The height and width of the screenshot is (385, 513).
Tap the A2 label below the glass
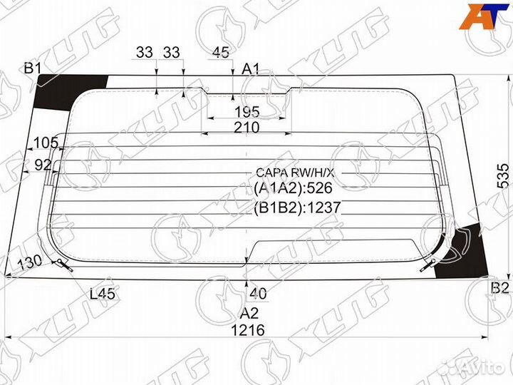pos(248,314)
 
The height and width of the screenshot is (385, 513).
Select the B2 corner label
pos(499,289)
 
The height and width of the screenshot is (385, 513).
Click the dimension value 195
pos(247,113)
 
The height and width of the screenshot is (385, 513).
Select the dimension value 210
pos(247,128)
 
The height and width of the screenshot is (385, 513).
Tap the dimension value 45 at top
pos(221,51)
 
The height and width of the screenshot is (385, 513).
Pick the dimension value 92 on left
pos(43,164)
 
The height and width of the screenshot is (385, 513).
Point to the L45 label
pos(103,292)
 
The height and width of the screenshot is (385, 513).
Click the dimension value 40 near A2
pos(258,292)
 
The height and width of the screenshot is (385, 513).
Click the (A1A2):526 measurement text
pos(293,189)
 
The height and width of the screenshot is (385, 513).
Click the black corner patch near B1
pos(68,91)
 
